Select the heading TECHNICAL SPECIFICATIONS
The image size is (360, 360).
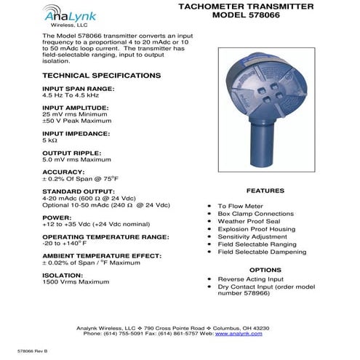102,76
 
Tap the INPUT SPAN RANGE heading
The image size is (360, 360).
79,88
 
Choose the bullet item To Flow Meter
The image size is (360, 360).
243,206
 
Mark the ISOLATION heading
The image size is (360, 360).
63,275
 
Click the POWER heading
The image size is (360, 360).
57,217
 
